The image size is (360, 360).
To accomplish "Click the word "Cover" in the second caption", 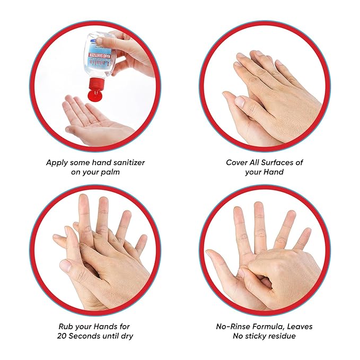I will pos(238,163).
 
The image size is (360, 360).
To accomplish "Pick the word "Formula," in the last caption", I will pos(274,327).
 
